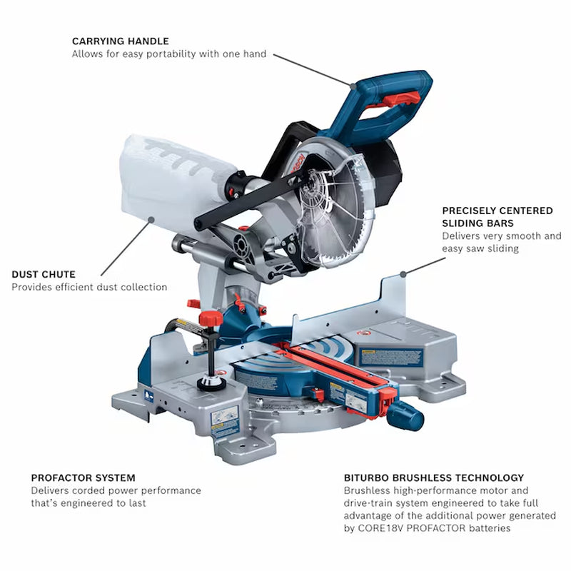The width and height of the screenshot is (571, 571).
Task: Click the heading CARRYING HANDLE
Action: point(121,41)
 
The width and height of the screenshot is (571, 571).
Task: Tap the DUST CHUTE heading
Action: point(44,274)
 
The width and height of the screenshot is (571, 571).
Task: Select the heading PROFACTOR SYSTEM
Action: point(83,477)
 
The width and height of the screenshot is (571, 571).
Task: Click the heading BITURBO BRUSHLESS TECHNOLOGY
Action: point(434,477)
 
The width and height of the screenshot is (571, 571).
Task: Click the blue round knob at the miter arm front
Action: point(406,416)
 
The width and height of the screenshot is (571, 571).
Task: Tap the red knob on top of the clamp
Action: point(211,318)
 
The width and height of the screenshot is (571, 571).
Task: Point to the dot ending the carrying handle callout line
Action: point(353,86)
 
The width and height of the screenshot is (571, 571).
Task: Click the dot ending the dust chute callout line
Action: point(151,219)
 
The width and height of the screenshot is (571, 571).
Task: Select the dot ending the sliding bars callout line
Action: point(403,274)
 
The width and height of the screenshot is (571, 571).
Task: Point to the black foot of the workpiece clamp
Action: point(211,383)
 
